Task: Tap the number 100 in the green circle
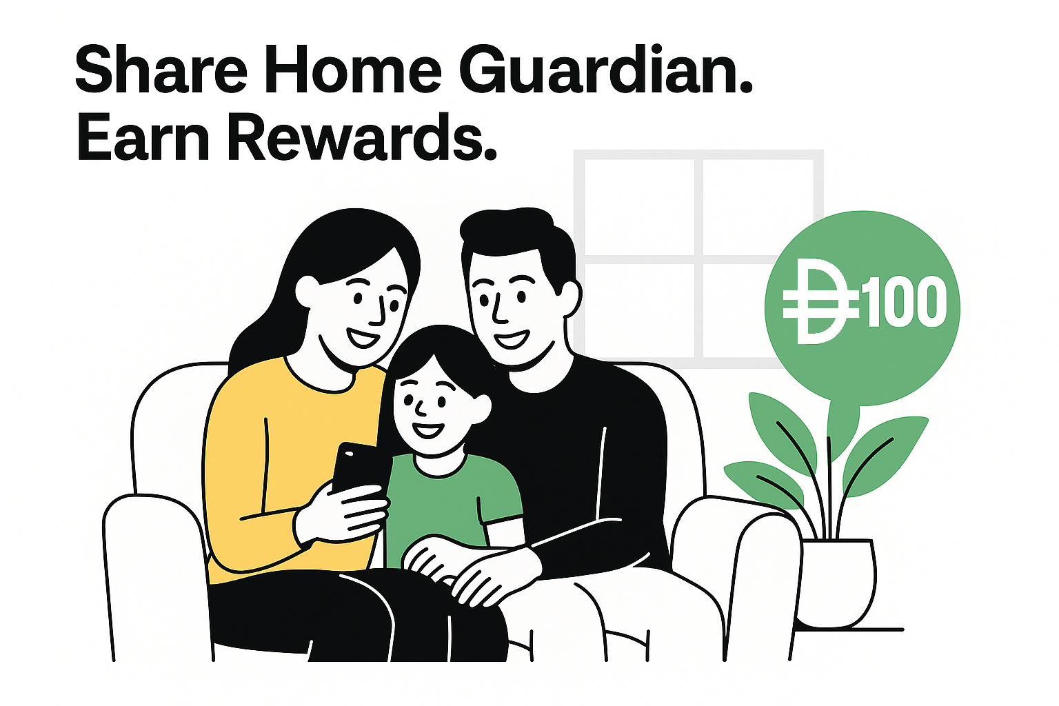point(904,303)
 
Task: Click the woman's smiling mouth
point(363,338)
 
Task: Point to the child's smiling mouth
point(428,432)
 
